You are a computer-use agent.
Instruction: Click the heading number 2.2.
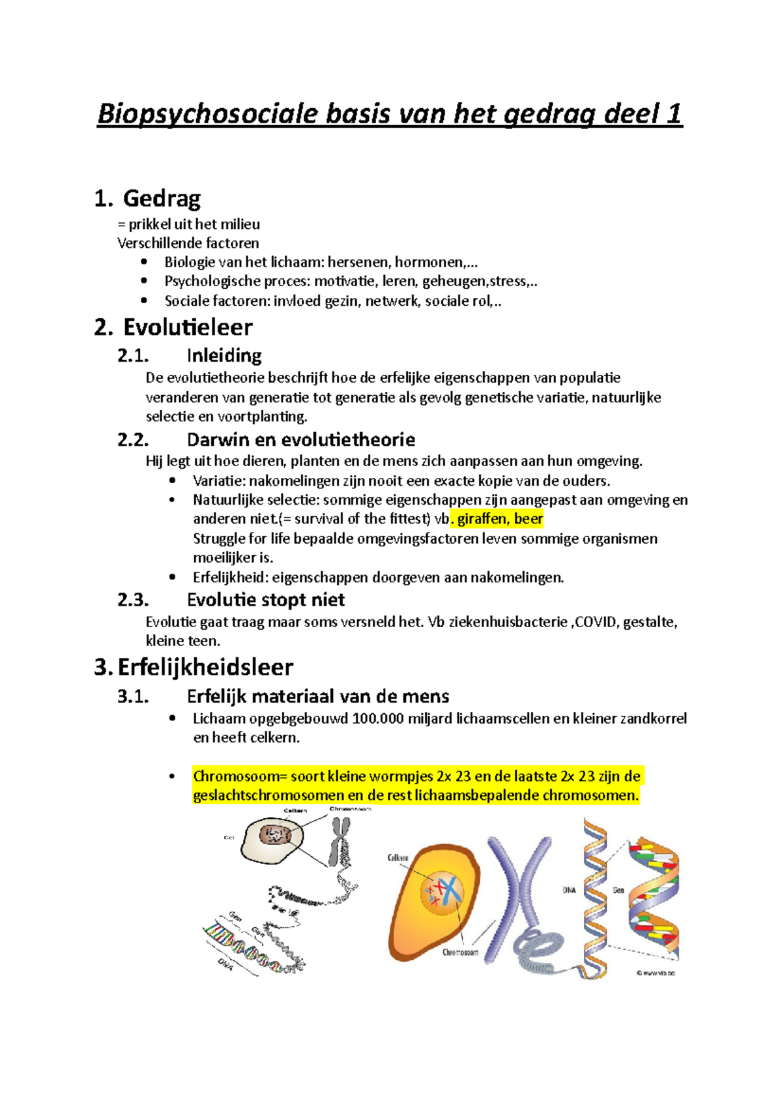[x=134, y=439]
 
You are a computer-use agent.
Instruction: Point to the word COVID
[x=596, y=622]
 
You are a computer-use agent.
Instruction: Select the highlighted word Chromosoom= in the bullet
[x=239, y=776]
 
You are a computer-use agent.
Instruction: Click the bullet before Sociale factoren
[x=144, y=301]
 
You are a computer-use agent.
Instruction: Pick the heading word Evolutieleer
[x=188, y=327]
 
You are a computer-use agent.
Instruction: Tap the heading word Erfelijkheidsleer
[x=205, y=667]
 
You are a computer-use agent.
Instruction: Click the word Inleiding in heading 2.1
[x=224, y=355]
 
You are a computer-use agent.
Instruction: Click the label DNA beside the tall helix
[x=569, y=890]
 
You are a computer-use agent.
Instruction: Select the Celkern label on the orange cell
[x=398, y=858]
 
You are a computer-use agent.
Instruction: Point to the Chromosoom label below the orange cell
[x=460, y=952]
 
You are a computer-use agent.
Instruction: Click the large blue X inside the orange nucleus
[x=448, y=892]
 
